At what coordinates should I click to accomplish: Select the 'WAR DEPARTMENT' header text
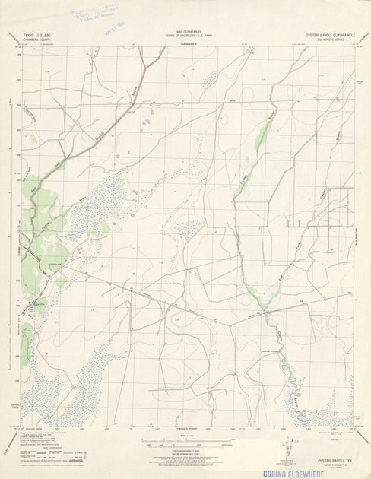point(185,32)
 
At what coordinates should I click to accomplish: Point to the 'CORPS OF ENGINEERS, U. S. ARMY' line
point(185,36)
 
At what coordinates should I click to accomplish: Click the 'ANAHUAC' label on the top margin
point(185,45)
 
